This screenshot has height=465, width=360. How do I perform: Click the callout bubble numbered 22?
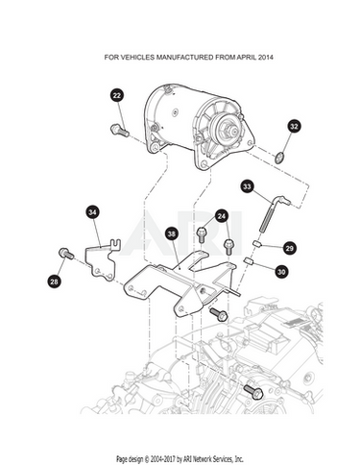[117, 95]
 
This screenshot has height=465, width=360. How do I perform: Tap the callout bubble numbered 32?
[294, 126]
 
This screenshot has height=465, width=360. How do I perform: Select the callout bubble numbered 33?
[247, 186]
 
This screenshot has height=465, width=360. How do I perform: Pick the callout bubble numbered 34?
[92, 212]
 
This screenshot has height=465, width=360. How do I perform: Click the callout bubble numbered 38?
[172, 233]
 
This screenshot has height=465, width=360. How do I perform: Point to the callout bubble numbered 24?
[222, 216]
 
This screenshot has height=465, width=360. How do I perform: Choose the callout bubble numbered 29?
[289, 248]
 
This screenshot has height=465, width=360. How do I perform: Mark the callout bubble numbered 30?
[281, 272]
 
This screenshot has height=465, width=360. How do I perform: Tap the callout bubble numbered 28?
[54, 281]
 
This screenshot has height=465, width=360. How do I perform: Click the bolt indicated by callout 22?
[120, 130]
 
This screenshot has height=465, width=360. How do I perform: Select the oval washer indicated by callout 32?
[279, 158]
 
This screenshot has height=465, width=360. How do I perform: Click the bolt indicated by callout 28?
[66, 254]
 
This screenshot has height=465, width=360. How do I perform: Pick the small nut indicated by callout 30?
[249, 261]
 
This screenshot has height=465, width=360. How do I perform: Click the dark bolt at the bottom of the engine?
[253, 392]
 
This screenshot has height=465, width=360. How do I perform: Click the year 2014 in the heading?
[265, 58]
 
